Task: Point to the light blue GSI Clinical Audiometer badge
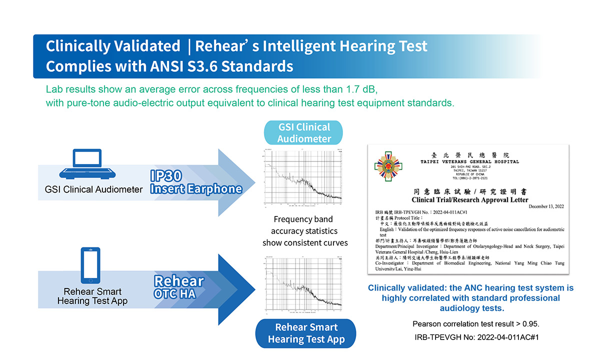[304, 132]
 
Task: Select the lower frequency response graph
[303, 282]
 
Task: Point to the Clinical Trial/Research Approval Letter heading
[468, 199]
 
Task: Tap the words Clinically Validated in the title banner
[113, 46]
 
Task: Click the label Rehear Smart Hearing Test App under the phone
[92, 296]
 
